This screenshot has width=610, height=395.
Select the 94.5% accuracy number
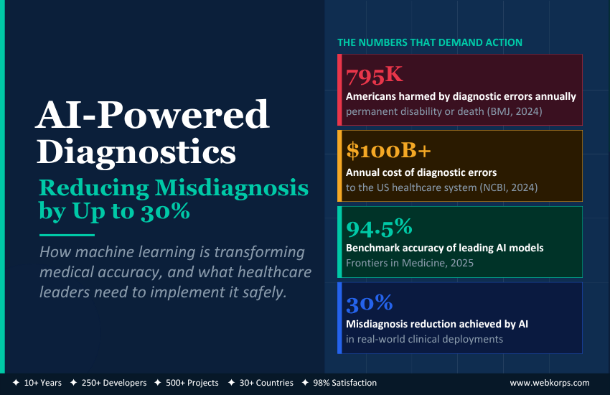click(x=379, y=228)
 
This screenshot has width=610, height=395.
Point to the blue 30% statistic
click(x=368, y=304)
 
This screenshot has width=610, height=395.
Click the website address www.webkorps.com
click(x=550, y=383)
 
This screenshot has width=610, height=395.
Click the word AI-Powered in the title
click(x=153, y=115)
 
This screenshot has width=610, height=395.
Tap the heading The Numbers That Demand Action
click(x=430, y=42)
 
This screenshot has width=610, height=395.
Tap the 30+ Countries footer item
click(x=266, y=383)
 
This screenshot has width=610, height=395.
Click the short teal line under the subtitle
click(x=67, y=235)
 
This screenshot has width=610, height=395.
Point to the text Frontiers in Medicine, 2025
click(x=409, y=263)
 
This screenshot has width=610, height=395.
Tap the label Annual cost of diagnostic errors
click(x=421, y=172)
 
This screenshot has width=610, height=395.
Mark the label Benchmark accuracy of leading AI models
click(x=444, y=248)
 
